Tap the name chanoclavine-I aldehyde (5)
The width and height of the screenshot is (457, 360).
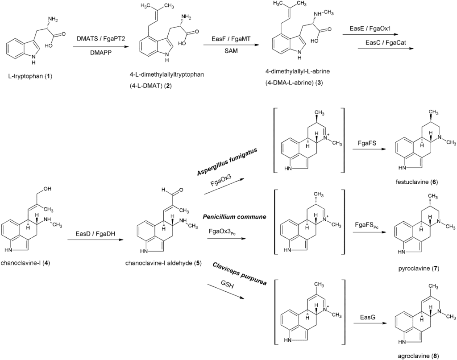(x=164, y=263)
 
